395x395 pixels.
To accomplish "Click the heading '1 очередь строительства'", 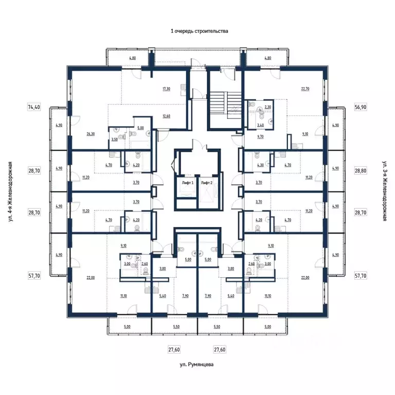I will pyautogui.click(x=199, y=31).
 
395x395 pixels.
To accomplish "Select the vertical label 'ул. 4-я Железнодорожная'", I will pyautogui.click(x=10, y=191).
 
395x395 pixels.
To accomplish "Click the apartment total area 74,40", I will pyautogui.click(x=33, y=107).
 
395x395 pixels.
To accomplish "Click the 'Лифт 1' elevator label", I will pyautogui.click(x=187, y=183).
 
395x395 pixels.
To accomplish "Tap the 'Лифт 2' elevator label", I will pyautogui.click(x=207, y=183).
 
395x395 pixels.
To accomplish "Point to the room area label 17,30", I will pyautogui.click(x=166, y=88).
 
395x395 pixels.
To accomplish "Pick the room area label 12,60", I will pyautogui.click(x=166, y=116).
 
